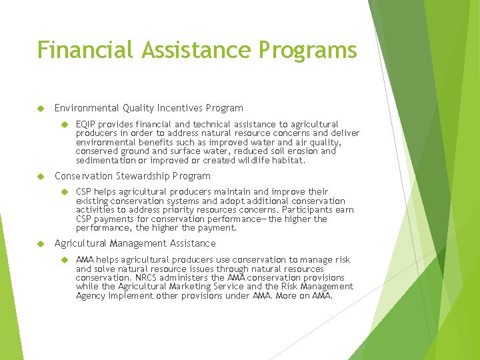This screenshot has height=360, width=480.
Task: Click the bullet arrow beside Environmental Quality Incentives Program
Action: pos(39,108)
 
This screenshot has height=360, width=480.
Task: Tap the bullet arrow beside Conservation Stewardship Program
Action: pos(39,176)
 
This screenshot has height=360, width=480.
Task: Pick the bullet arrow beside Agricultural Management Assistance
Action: pos(39,243)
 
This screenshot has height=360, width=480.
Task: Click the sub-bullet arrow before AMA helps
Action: pos(65,259)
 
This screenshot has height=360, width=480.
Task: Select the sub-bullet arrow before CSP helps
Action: pos(65,192)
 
